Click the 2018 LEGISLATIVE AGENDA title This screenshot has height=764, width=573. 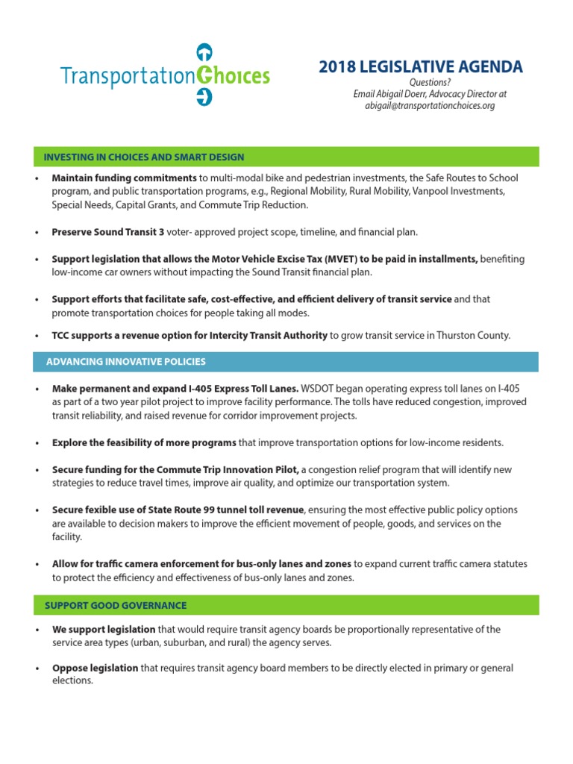pyautogui.click(x=421, y=67)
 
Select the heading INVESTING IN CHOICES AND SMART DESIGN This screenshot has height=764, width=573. pyautogui.click(x=144, y=157)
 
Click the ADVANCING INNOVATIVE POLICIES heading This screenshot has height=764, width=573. pyautogui.click(x=126, y=362)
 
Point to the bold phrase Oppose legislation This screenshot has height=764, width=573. pyautogui.click(x=95, y=668)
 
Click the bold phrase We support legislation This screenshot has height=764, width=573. pyautogui.click(x=104, y=630)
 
